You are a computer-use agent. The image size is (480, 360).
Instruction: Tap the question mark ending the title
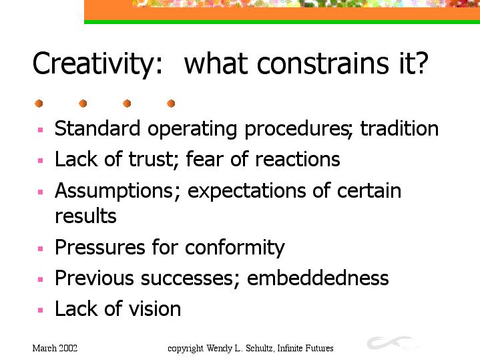[x=421, y=63]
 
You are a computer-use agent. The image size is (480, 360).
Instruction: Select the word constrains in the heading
[x=323, y=63]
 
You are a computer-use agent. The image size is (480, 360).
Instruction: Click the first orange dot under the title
[x=39, y=104]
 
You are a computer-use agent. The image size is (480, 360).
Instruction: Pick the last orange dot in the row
[x=171, y=104]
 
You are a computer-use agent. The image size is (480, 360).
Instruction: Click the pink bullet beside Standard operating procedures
[x=41, y=130]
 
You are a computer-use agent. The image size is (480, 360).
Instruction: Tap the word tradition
[x=399, y=128]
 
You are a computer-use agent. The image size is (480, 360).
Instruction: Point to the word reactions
[x=297, y=160]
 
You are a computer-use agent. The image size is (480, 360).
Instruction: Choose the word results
[x=85, y=216]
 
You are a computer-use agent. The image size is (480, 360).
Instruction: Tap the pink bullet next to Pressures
[x=41, y=248]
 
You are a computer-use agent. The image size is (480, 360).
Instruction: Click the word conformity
[x=235, y=248]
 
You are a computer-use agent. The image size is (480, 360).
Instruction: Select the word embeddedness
[x=318, y=278]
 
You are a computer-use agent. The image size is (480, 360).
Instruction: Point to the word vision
[x=155, y=309]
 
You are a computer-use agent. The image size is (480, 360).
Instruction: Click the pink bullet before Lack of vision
[x=41, y=310]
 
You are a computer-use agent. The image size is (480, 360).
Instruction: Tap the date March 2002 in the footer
[x=55, y=349]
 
